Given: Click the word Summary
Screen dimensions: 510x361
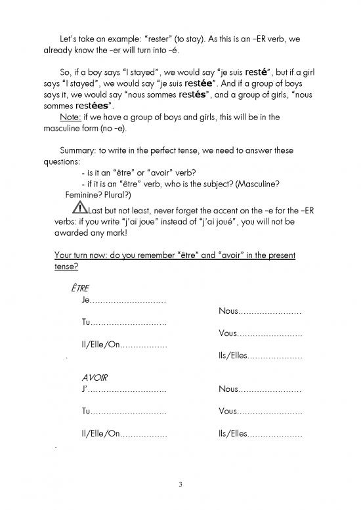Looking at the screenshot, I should [77, 150].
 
